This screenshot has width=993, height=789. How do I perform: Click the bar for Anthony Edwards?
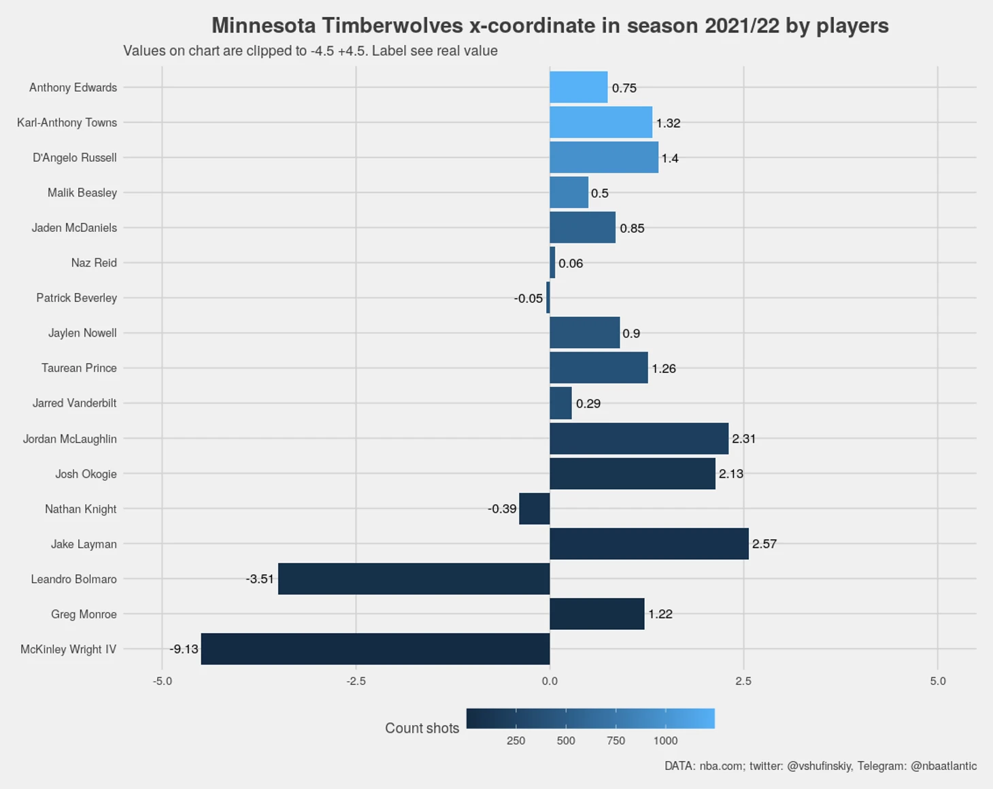[x=578, y=88]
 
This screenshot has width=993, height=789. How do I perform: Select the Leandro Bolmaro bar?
[x=414, y=579]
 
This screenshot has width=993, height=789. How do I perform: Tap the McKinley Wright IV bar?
[x=375, y=649]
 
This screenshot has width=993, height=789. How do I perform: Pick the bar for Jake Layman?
[x=649, y=544]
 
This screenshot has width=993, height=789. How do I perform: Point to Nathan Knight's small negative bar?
[x=534, y=509]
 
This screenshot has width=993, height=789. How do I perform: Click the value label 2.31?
[x=743, y=439]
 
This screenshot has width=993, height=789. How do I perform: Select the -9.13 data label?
[x=184, y=649]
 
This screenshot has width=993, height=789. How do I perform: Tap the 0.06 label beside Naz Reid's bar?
[x=571, y=263]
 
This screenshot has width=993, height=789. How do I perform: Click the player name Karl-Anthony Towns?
[x=67, y=122]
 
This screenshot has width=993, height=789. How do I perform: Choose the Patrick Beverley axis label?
[x=76, y=298]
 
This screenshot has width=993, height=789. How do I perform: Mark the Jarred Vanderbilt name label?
[x=74, y=403]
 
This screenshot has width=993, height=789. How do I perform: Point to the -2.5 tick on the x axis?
[x=356, y=681]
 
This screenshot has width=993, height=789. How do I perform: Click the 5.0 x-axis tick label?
[x=937, y=681]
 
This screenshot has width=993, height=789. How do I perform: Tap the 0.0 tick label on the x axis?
[x=550, y=681]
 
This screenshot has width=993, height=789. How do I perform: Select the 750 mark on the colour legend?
[x=616, y=741]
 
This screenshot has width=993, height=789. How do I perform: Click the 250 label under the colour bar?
[x=516, y=741]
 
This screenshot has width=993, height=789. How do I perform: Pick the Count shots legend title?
[x=422, y=728]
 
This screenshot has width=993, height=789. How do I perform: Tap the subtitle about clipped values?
[x=310, y=51]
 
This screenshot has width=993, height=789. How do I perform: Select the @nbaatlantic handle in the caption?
[x=943, y=766]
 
